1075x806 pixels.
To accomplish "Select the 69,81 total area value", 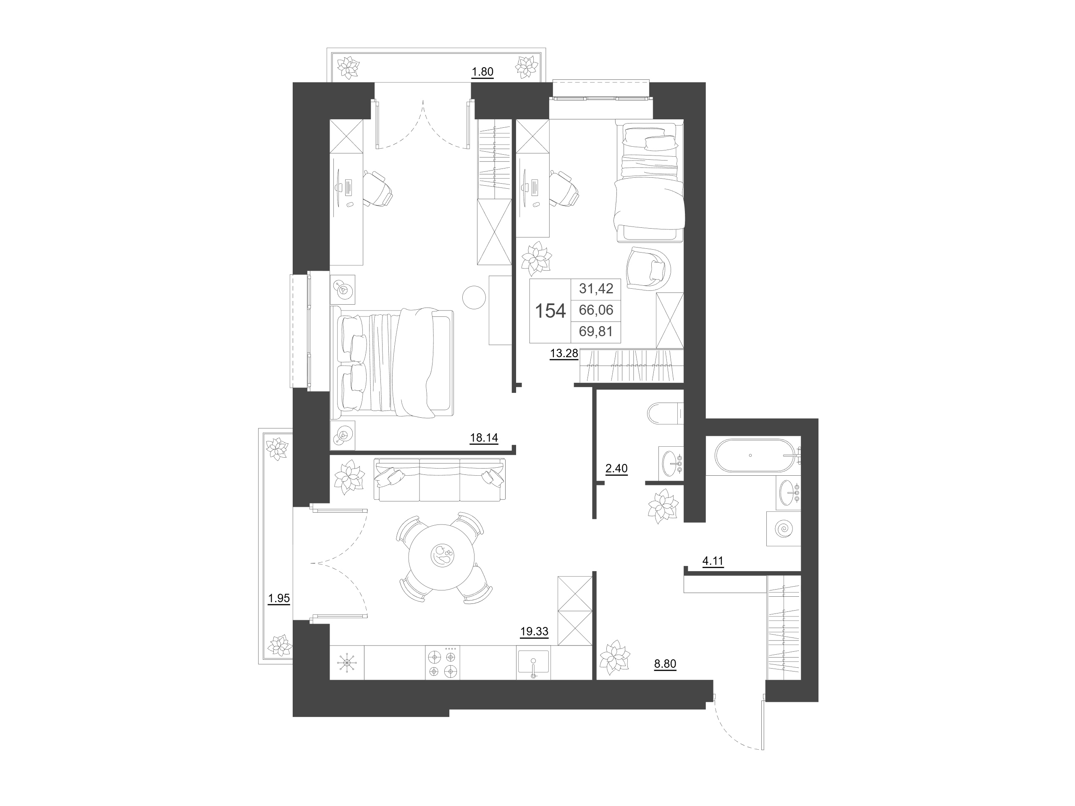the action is (596, 332).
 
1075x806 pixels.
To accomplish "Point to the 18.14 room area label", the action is (484, 438).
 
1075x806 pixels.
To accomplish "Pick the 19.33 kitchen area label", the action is (534, 632).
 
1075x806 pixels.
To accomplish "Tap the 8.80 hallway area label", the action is (665, 664).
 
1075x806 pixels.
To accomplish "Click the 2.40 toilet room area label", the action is (616, 469).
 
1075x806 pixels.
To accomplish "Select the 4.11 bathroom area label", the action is (713, 561).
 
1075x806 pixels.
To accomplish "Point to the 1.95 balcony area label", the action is (279, 598).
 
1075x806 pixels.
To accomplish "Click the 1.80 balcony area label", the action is (482, 72).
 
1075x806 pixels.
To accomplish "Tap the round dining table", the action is (441, 557).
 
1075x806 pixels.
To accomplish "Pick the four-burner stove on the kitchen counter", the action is (442, 663).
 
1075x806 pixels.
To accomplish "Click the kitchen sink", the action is (533, 663).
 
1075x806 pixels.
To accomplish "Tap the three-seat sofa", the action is (439, 479).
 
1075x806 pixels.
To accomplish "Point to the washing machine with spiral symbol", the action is (784, 529).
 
